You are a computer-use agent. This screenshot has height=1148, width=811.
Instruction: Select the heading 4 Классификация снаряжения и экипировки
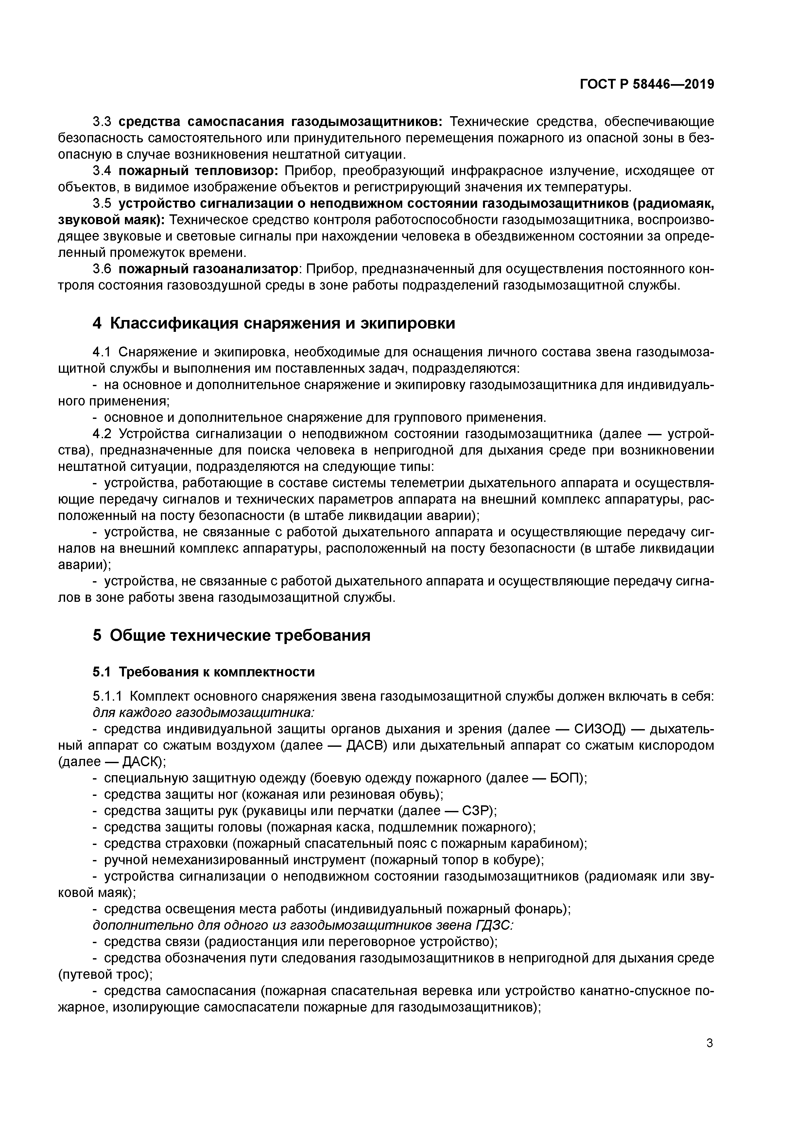274,324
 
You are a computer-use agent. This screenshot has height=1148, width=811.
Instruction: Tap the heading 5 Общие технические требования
231,636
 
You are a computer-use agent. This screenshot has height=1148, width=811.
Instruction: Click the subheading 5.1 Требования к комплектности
203,672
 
